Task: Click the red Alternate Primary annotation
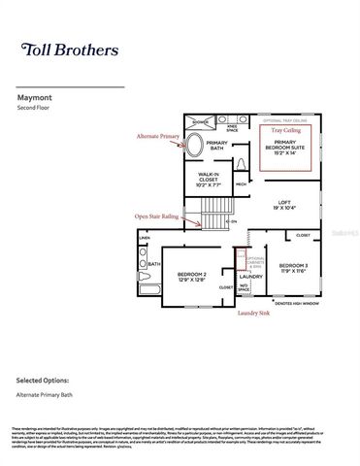pyautogui.click(x=158, y=137)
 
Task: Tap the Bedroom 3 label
pyautogui.click(x=292, y=268)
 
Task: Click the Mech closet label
pyautogui.click(x=240, y=183)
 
